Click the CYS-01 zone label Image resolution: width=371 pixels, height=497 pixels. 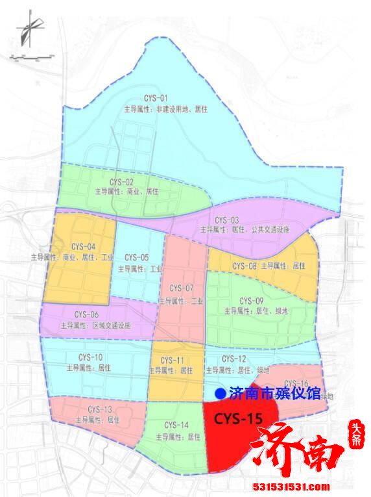150,97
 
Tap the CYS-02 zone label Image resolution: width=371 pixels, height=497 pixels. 122,181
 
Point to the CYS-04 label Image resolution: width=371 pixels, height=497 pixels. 82,247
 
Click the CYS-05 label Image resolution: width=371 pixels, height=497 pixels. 136,257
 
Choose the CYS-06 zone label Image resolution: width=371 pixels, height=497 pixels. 86,314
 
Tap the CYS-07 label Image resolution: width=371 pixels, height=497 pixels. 182,288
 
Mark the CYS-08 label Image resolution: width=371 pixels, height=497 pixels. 245,266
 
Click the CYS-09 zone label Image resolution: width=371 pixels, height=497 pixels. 251,300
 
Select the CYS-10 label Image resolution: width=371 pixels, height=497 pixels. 90,357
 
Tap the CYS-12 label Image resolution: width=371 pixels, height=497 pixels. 233,359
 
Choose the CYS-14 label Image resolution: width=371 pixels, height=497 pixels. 176,425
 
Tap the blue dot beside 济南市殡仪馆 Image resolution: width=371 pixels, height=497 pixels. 220,393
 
